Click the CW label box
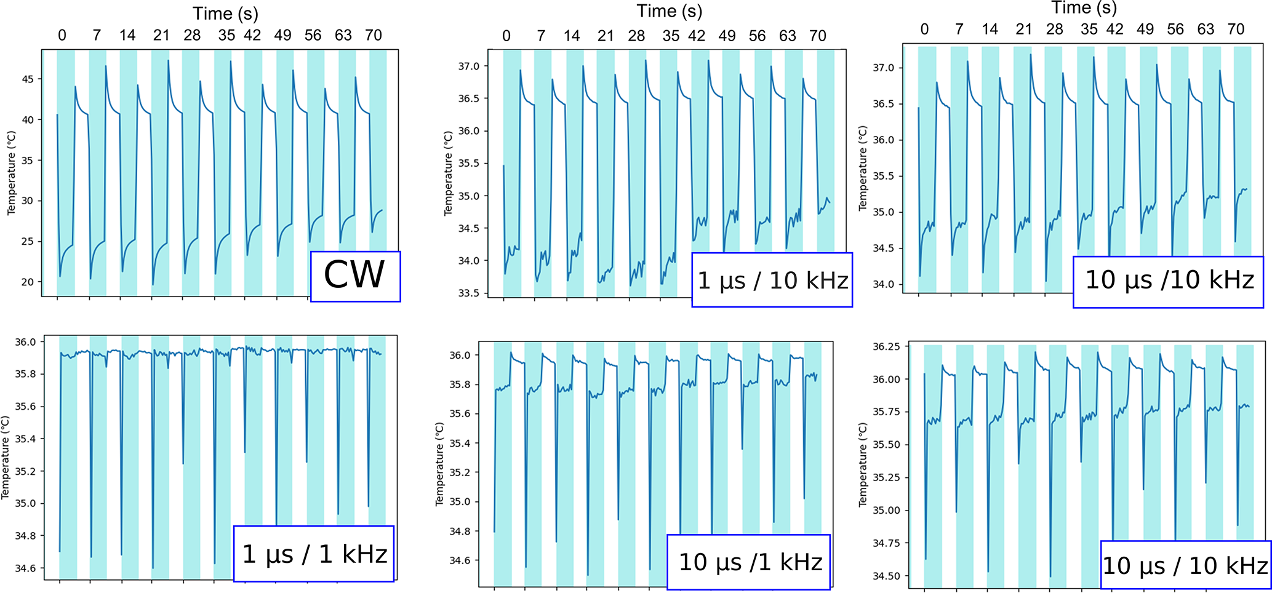pos(355,276)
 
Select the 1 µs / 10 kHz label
pos(772,281)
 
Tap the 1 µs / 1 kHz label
pos(314,554)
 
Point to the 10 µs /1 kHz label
pos(749,562)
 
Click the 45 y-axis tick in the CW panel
pos(28,79)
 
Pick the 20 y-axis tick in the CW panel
pos(28,282)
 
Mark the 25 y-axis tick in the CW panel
pos(28,242)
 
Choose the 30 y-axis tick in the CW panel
pos(28,201)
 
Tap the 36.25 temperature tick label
pos(886,347)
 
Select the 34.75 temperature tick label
pos(886,543)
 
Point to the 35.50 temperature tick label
pos(886,445)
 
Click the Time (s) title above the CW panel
pos(225,14)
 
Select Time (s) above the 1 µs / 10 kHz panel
pos(669,11)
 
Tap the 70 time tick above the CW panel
pos(374,35)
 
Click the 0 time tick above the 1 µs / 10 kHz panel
pos(506,36)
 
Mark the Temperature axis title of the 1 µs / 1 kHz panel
pos(6,458)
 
